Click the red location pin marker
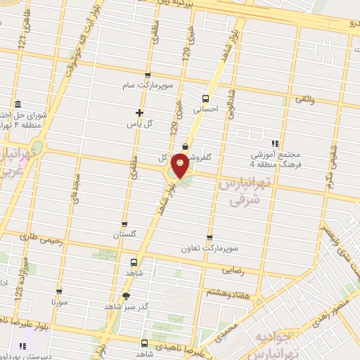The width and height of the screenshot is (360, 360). point(181,165)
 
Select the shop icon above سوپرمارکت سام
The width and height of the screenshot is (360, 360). point(146,75)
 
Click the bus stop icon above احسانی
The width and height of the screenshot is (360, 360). point(206,98)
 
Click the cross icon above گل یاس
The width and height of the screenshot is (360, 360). point(139,112)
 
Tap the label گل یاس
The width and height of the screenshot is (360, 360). point(139,124)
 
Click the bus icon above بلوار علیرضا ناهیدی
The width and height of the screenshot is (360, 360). point(144,344)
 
